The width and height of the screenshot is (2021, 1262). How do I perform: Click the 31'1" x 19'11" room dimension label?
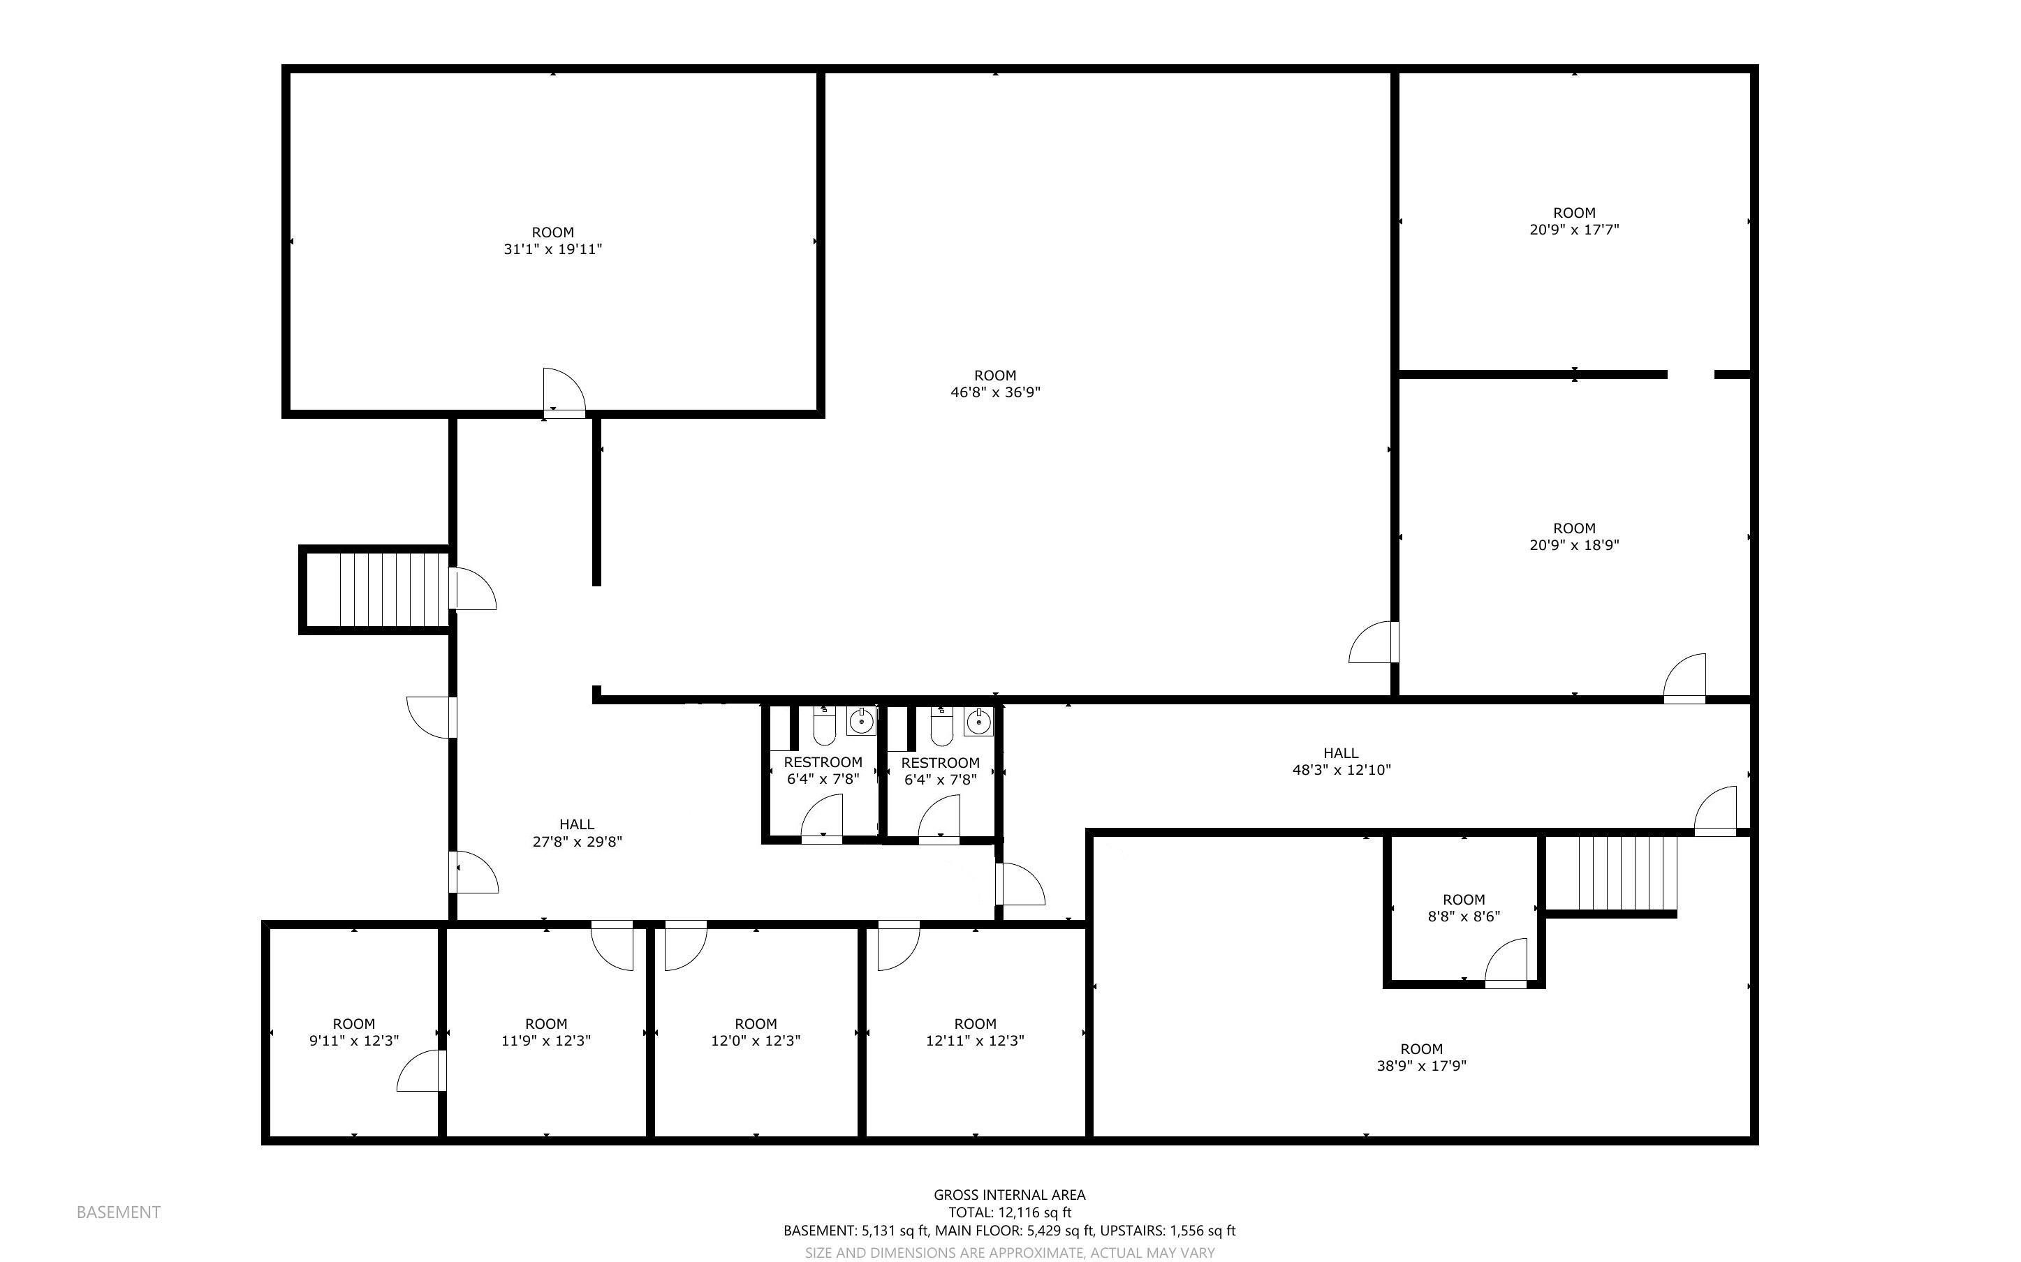552,248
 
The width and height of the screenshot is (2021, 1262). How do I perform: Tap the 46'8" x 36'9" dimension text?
995,392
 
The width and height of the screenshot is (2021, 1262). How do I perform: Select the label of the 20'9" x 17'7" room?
1573,221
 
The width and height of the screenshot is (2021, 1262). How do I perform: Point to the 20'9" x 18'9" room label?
1573,537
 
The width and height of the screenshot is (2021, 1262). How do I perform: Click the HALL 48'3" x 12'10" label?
1341,762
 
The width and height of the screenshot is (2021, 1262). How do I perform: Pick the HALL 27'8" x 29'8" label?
577,833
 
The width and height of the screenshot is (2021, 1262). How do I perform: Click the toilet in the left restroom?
824,728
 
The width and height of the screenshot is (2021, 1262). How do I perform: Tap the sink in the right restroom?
978,720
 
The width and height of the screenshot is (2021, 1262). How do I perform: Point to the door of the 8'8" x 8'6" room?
1508,964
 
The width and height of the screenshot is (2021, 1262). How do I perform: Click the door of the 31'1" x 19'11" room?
564,392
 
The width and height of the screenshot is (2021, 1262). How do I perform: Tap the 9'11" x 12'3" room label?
354,1032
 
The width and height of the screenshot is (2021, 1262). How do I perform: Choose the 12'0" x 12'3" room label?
756,1032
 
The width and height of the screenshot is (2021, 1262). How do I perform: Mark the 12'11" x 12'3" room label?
975,1032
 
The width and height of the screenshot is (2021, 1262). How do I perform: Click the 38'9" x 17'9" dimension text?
1421,1065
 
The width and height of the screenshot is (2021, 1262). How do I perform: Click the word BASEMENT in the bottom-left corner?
119,1212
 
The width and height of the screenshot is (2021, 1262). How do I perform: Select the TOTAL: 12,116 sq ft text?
1009,1212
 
